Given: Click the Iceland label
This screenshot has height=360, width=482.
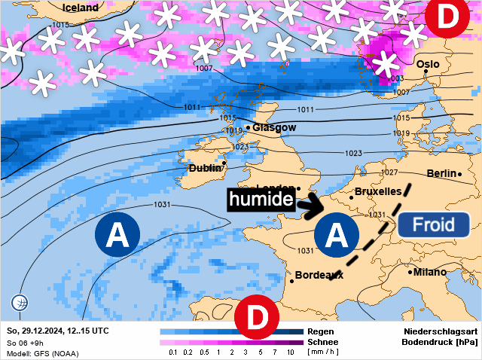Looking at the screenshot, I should pos(81,8).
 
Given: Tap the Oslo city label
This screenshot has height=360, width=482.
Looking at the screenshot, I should pos(428,64).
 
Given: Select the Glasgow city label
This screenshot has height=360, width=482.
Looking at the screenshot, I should pos(274,128).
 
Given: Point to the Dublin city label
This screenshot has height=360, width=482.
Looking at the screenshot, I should pos(205,169).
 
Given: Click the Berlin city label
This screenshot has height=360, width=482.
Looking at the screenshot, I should pos(441,174).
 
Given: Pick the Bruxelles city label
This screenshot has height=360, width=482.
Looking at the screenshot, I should pos(377,192).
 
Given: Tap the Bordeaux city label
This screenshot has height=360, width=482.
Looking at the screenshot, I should pos(319,275).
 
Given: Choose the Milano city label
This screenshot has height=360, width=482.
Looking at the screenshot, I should pos(429,272).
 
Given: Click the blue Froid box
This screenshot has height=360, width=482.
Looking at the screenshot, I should pos(433,224).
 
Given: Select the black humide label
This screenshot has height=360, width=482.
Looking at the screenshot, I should pos(260,200).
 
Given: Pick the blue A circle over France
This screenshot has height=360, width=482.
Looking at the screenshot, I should pos(336,236).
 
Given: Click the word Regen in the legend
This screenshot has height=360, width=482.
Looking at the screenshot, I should pos(321,331).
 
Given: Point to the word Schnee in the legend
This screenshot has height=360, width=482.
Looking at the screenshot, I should pos(324,341).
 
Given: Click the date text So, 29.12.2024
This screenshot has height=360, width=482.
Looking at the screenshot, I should pos(35,331).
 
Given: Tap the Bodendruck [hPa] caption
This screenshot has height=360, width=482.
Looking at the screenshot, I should pos(441,342).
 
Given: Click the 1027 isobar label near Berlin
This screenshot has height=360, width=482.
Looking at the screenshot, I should pos(389,173).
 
